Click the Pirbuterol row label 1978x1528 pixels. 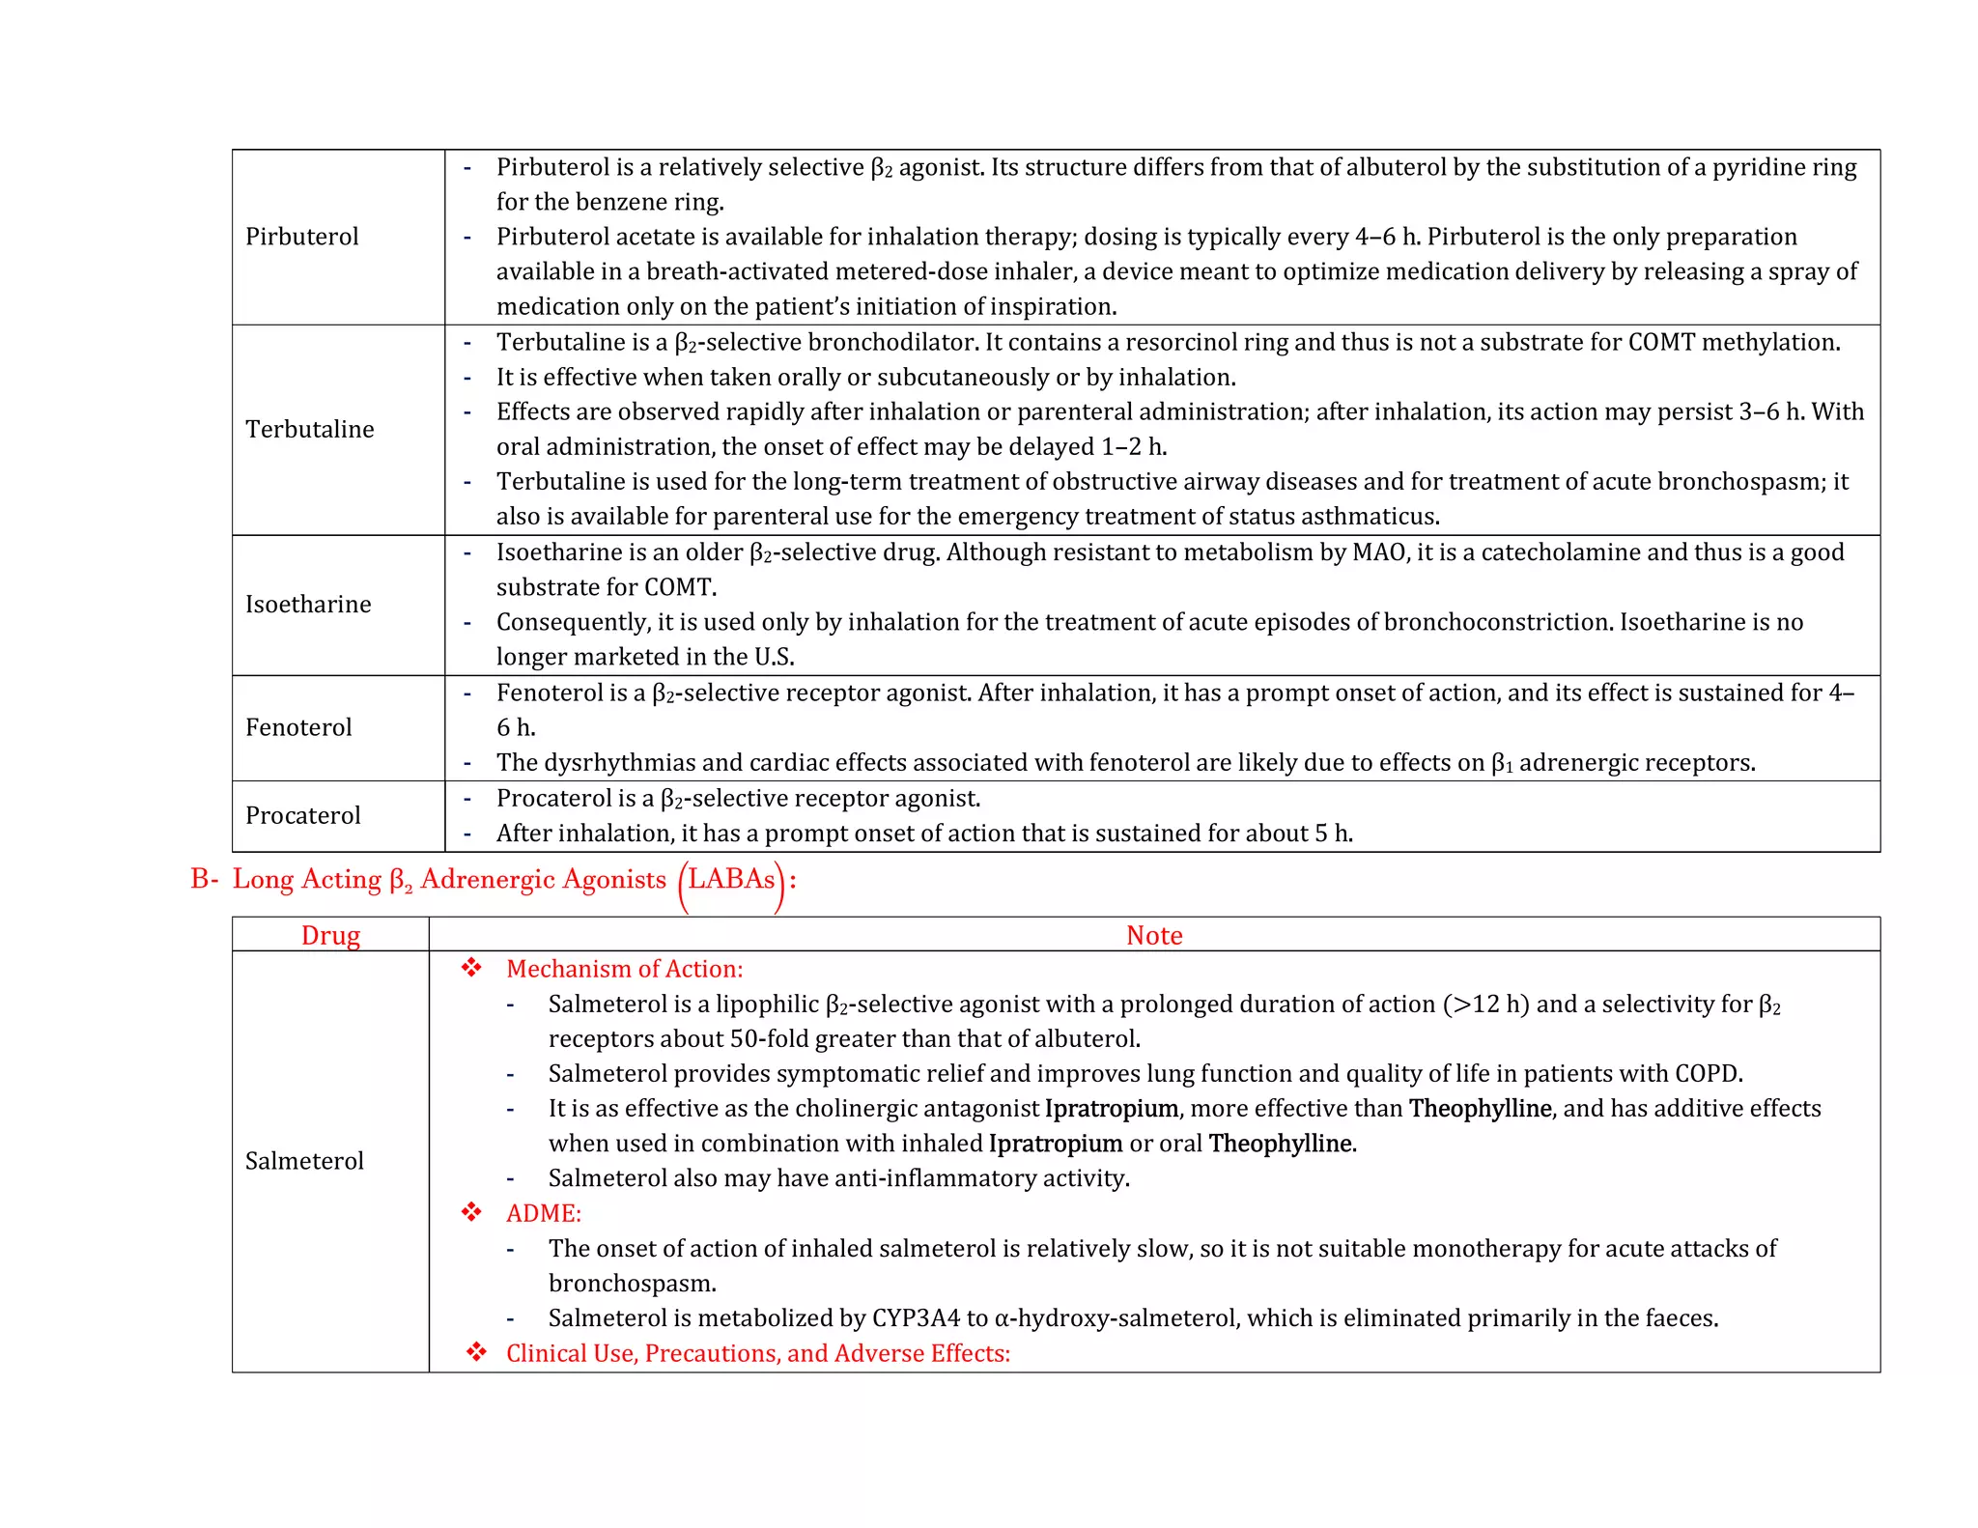[301, 237]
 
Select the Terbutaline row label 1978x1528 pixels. [309, 429]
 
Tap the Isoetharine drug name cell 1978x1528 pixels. [308, 605]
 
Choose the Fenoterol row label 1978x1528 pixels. [298, 727]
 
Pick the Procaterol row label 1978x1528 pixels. [302, 815]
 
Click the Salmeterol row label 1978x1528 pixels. [304, 1161]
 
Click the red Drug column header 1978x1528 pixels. [330, 935]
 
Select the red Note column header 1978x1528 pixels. [1154, 935]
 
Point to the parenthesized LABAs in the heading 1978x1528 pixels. [731, 880]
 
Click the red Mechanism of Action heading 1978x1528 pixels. [624, 969]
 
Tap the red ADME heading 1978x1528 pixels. [543, 1213]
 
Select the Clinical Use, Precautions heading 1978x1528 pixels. [757, 1353]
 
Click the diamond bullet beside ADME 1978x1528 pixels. [471, 1212]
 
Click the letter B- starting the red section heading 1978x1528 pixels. [204, 879]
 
